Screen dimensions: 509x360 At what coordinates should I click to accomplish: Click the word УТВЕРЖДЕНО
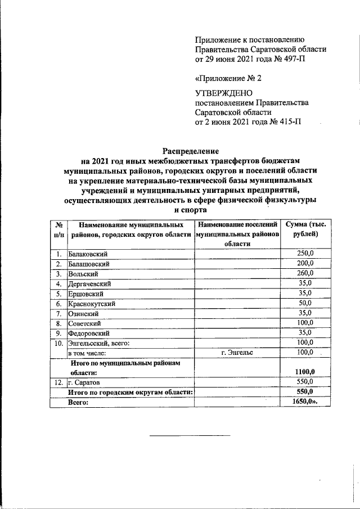[224, 93]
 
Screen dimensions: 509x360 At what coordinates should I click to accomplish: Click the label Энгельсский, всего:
[99, 343]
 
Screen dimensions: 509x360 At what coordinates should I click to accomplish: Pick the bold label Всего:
[79, 402]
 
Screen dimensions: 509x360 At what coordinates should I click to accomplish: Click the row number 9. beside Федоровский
[58, 333]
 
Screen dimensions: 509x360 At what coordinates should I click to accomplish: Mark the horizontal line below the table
[190, 435]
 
